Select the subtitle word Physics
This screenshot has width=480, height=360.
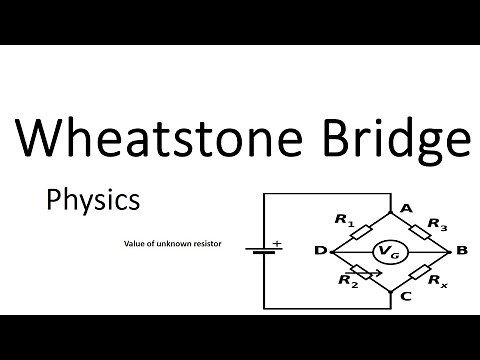(x=93, y=200)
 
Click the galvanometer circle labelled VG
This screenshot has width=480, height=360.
(x=385, y=251)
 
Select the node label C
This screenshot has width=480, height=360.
(x=405, y=296)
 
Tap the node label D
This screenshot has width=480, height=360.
(x=320, y=251)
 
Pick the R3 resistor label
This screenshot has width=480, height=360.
(x=437, y=223)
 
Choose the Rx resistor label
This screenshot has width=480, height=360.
(x=437, y=283)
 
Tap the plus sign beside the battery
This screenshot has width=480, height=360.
(x=276, y=242)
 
